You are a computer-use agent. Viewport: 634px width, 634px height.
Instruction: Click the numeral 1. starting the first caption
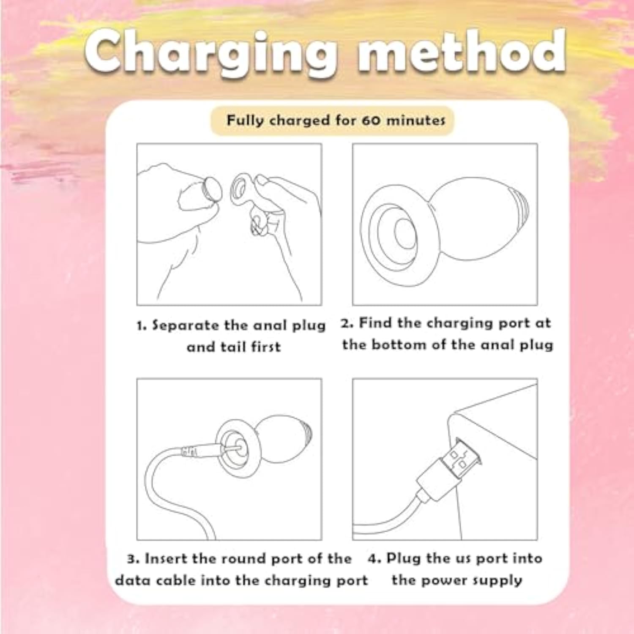pos(142,326)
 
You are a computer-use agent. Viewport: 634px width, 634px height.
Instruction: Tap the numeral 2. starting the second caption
pos(347,323)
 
